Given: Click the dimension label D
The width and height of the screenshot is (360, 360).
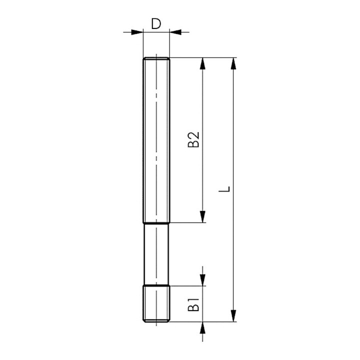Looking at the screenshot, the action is [156, 23].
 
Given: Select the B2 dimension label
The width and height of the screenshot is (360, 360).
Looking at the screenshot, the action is [193, 139].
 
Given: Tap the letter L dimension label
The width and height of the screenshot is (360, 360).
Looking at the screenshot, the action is [224, 188].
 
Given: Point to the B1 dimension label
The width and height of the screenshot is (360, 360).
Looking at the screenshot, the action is [193, 304].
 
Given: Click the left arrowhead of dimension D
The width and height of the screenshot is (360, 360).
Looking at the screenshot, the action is [137, 32].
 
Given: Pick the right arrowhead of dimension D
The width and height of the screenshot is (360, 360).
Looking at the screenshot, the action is [175, 32].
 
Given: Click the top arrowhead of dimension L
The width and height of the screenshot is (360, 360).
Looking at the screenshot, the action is [233, 63].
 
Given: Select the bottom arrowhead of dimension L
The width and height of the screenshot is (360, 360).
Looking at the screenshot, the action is [233, 315].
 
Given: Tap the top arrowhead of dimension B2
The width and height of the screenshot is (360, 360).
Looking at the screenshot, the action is [202, 63].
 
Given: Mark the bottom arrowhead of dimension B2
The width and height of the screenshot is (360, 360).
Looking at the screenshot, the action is [202, 216].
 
